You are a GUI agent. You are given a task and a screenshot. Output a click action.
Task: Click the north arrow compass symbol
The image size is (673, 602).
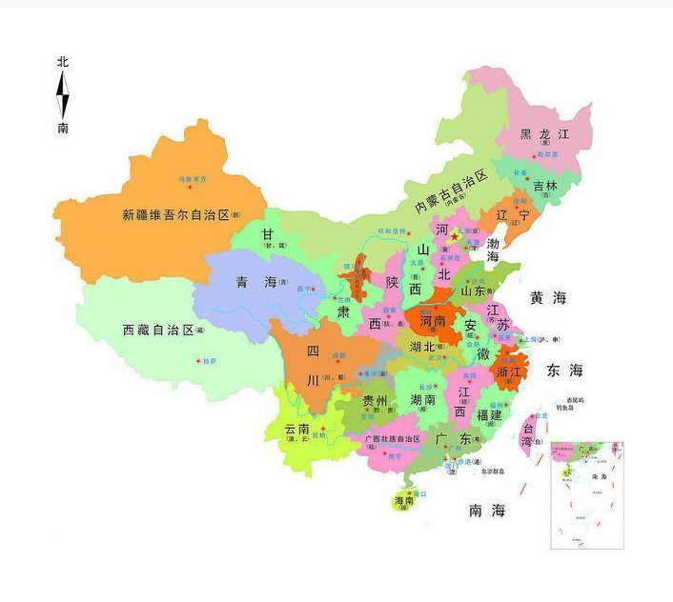63,94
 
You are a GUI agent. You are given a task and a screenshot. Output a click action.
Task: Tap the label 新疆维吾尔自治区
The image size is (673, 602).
175,215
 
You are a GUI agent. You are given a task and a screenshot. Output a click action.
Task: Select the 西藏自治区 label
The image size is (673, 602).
158,330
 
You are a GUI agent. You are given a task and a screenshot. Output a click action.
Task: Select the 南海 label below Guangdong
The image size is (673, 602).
486,511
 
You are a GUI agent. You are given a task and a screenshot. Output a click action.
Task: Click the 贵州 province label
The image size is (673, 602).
375,401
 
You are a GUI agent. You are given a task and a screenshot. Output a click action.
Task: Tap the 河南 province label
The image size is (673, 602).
426,322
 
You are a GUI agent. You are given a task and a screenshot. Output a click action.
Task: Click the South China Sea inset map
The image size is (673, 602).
586,494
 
